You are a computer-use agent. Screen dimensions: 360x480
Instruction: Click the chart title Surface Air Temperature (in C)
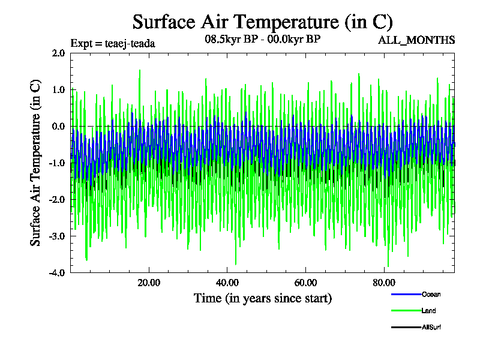click(262, 22)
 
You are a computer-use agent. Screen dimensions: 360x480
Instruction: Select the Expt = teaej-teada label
click(113, 43)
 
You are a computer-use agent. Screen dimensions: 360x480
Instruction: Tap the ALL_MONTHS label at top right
click(416, 40)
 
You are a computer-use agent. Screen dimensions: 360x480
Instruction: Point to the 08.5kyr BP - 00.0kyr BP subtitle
click(262, 41)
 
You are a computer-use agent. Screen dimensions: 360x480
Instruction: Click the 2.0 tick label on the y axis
click(58, 53)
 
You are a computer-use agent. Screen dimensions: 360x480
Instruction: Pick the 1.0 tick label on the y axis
click(58, 90)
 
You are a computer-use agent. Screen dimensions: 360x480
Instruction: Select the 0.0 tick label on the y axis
click(58, 127)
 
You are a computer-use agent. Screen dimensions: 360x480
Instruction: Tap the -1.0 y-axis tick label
click(57, 163)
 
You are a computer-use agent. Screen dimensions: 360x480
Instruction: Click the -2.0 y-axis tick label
click(57, 200)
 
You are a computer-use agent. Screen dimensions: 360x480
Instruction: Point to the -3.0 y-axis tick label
click(57, 236)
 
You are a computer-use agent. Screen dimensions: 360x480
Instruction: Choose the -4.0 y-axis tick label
click(57, 273)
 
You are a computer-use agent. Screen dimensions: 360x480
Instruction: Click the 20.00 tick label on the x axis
click(149, 283)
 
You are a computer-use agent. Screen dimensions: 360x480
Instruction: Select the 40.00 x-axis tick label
click(227, 283)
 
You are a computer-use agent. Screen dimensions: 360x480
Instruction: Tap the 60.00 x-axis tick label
click(305, 283)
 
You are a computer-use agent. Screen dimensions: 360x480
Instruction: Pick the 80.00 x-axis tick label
click(384, 283)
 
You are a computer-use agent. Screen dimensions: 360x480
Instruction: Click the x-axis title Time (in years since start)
click(262, 298)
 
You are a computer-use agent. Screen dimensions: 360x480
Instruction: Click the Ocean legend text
click(431, 295)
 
